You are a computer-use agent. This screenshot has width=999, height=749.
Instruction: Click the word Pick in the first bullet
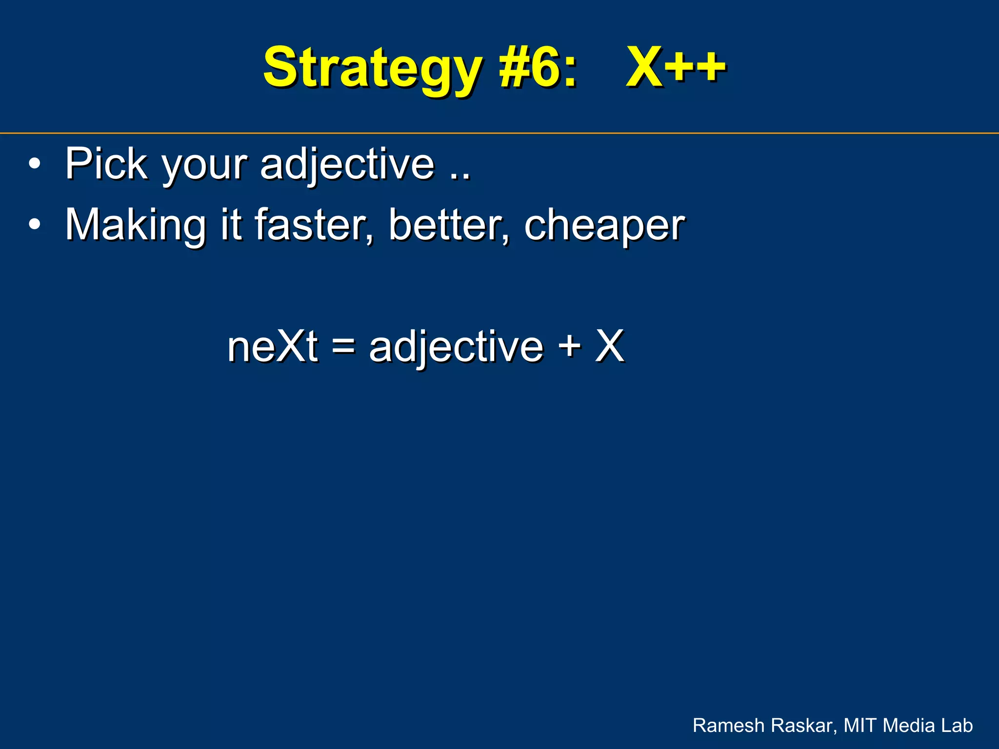click(106, 164)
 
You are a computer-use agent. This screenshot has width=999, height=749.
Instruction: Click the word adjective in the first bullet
click(347, 165)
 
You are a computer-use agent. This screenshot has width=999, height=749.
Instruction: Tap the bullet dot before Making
click(34, 225)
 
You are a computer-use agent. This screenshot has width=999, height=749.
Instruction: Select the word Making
click(136, 226)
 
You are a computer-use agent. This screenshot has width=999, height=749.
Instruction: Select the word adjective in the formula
click(456, 347)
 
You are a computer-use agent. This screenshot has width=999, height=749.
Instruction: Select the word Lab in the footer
click(957, 726)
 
